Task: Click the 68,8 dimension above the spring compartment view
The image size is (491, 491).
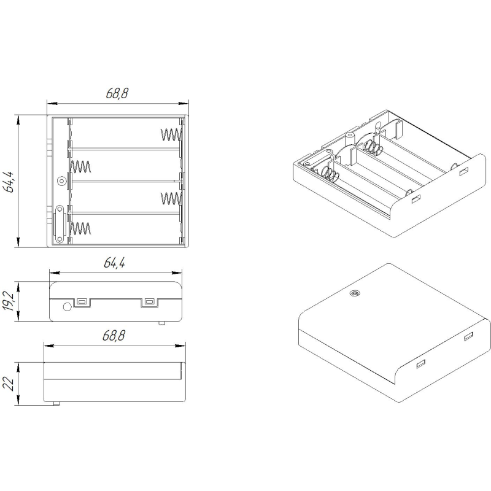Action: (x=117, y=93)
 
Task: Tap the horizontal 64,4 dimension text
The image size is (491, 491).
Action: (x=115, y=263)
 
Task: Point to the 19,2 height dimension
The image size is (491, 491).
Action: (x=9, y=301)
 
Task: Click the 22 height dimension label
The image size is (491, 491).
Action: (x=8, y=383)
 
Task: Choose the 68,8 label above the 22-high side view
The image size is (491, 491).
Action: (x=114, y=336)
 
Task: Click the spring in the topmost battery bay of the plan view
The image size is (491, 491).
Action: (x=171, y=134)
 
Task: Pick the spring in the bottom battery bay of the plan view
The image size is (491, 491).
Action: (x=80, y=228)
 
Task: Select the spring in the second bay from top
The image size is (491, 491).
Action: (x=80, y=166)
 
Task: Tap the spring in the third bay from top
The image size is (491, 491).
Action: (x=171, y=198)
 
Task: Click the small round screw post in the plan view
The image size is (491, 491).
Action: (x=61, y=180)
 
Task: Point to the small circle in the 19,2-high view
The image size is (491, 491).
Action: (x=67, y=306)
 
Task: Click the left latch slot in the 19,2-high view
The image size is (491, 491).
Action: (x=82, y=302)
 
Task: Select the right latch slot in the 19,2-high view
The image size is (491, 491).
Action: (x=149, y=302)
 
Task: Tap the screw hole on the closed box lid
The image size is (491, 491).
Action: (x=355, y=294)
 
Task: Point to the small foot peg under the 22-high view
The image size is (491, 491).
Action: (x=56, y=403)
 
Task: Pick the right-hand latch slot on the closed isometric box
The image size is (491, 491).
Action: (x=468, y=337)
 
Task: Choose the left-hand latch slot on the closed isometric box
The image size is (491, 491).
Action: (x=420, y=363)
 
